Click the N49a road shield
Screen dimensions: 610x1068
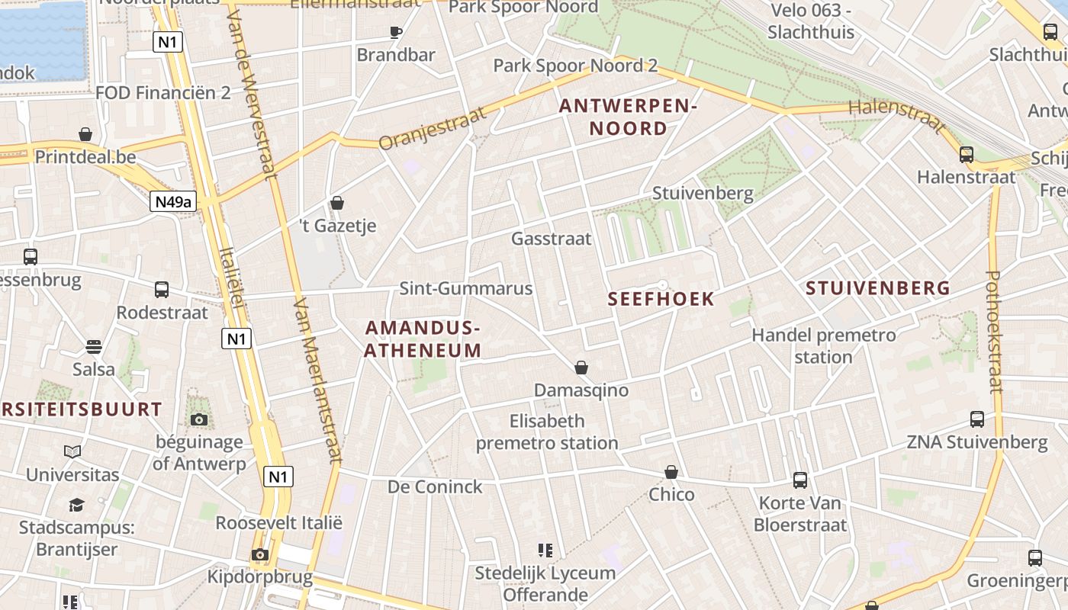click(173, 201)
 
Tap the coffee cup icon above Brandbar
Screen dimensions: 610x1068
click(395, 32)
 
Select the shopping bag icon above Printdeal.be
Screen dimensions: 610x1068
click(85, 135)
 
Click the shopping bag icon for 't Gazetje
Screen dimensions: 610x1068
click(336, 203)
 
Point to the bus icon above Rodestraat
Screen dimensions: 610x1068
click(162, 290)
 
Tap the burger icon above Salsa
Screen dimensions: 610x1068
click(94, 347)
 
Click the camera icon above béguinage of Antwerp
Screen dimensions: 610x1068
click(199, 419)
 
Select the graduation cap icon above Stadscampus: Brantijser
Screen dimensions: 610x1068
click(76, 505)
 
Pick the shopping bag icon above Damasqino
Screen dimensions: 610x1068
click(581, 368)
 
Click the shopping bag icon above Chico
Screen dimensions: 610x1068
click(671, 472)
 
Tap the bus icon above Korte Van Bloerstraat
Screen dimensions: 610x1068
click(799, 480)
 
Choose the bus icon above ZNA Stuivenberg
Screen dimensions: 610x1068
click(976, 419)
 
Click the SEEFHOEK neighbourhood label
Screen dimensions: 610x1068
click(661, 299)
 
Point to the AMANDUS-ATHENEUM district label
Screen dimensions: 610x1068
click(423, 339)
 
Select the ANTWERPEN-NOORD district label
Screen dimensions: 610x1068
click(629, 117)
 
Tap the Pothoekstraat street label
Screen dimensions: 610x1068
click(994, 332)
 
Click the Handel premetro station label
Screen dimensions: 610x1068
click(824, 345)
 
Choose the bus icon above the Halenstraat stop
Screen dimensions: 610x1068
click(967, 155)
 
